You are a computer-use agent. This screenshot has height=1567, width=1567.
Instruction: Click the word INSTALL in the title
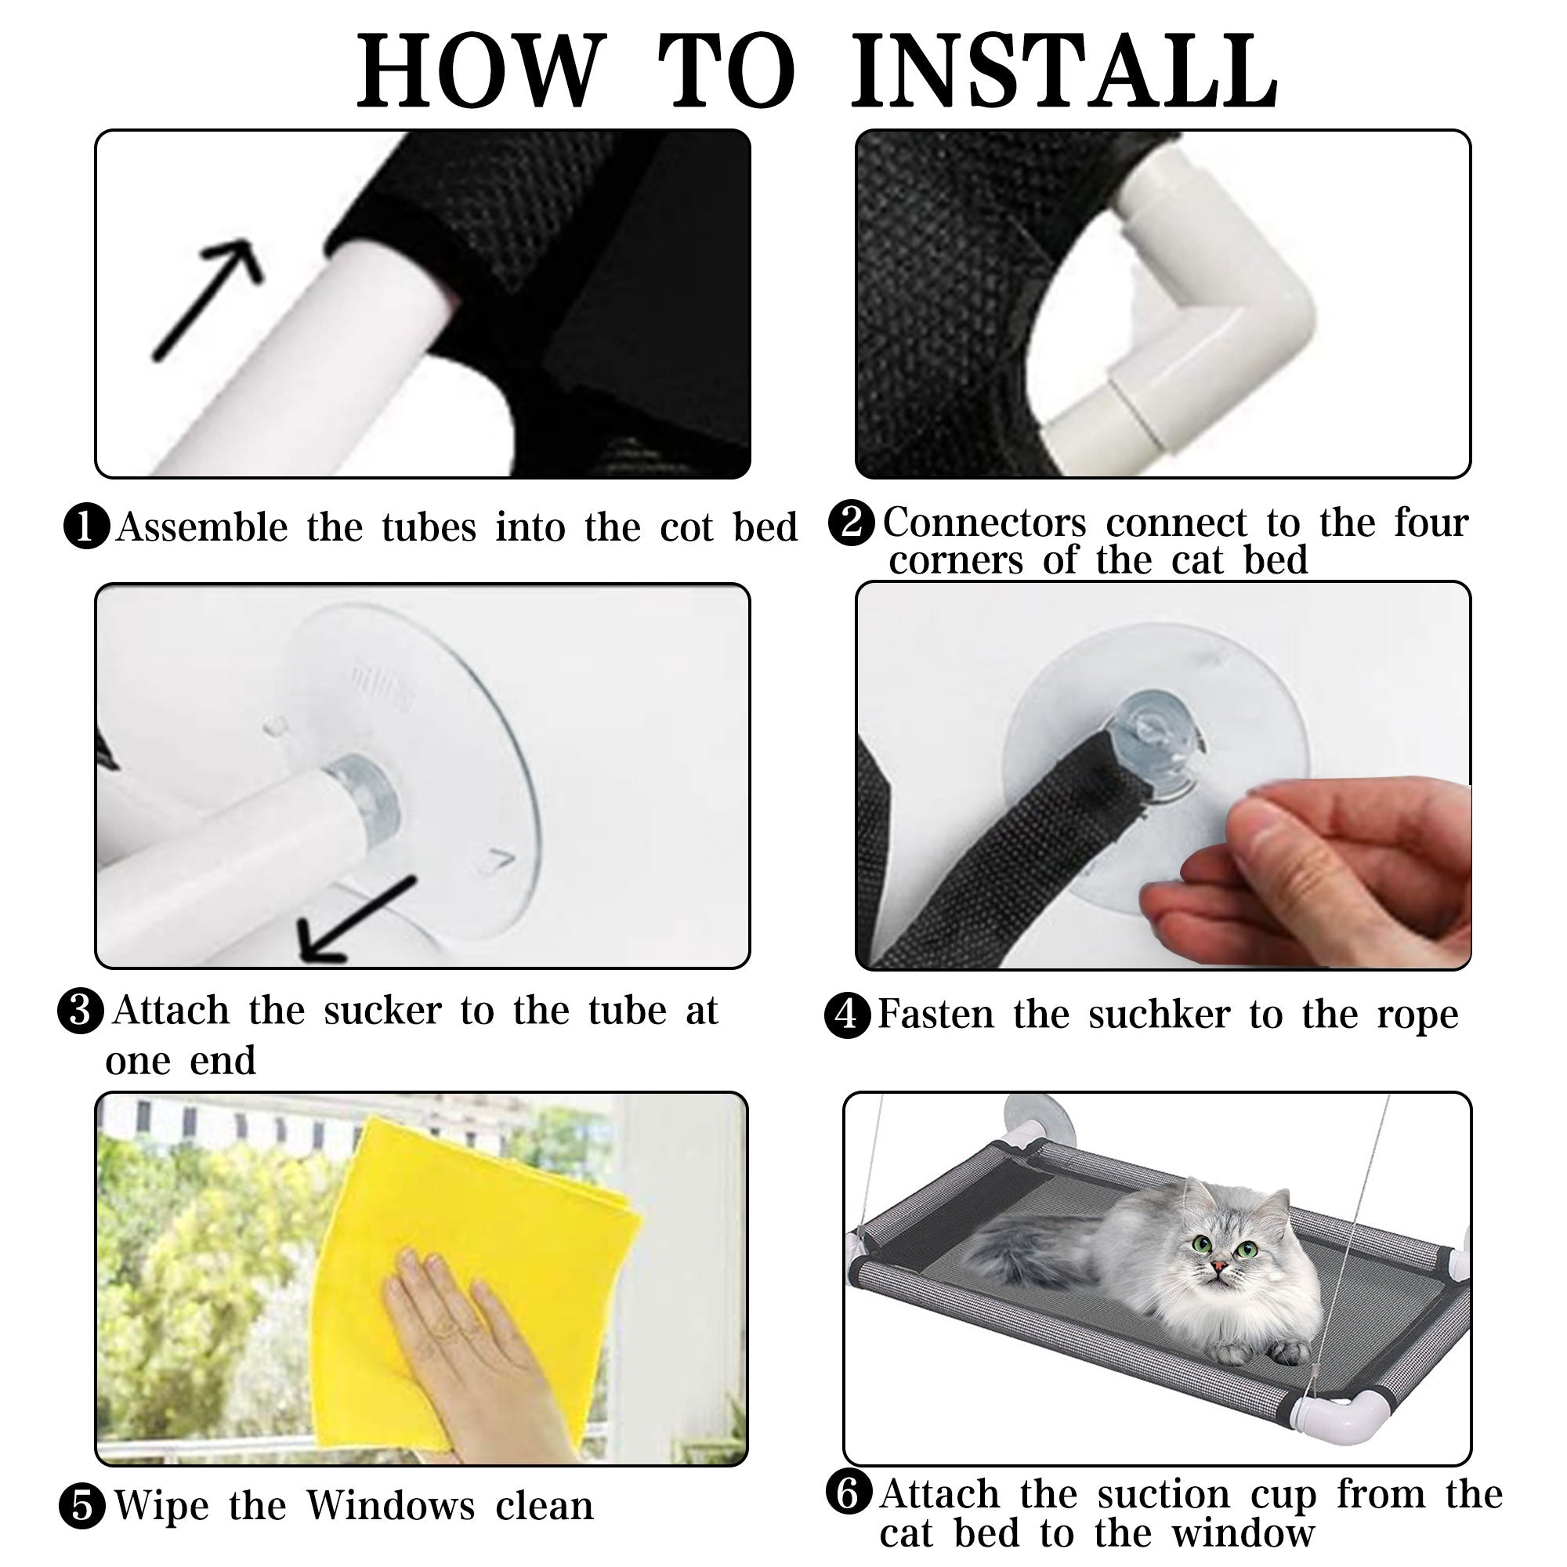coord(1065,71)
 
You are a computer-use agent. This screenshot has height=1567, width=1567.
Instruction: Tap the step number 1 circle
coord(87,527)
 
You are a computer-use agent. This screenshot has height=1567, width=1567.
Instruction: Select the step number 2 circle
coord(852,523)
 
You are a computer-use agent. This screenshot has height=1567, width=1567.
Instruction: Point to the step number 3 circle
coord(80,1011)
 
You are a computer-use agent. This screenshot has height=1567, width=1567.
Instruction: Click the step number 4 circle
coord(847,1015)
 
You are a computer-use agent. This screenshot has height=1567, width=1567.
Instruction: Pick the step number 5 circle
coord(82,1506)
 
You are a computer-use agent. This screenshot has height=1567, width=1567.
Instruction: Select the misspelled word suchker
coord(1160,1015)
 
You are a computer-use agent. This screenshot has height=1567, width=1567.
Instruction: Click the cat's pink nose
coord(1218,1267)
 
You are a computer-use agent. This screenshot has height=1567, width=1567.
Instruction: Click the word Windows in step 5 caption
coord(391,1506)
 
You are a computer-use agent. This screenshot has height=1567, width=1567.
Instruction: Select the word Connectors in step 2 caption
coord(985,523)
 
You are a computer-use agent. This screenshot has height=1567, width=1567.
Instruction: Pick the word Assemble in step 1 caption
coord(202,527)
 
